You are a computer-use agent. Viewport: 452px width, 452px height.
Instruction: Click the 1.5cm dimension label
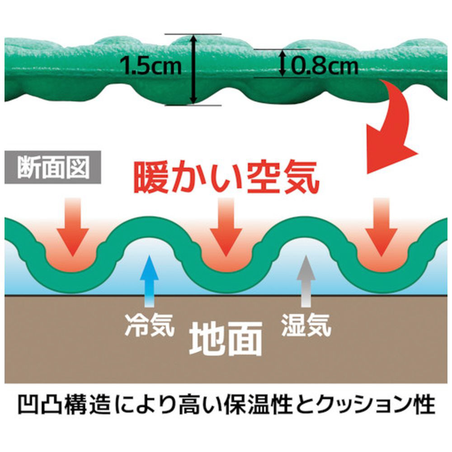tap(151, 66)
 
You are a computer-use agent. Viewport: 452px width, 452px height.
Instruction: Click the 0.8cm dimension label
tap(324, 66)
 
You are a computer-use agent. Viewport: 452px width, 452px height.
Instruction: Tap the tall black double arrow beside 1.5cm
tap(193, 70)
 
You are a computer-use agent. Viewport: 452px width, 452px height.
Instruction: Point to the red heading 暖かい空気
tap(226, 178)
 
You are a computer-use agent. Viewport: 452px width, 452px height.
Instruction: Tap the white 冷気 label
tap(150, 325)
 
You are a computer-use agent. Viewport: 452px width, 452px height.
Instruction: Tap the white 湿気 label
tap(306, 325)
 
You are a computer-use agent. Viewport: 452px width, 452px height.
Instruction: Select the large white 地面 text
tap(226, 339)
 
